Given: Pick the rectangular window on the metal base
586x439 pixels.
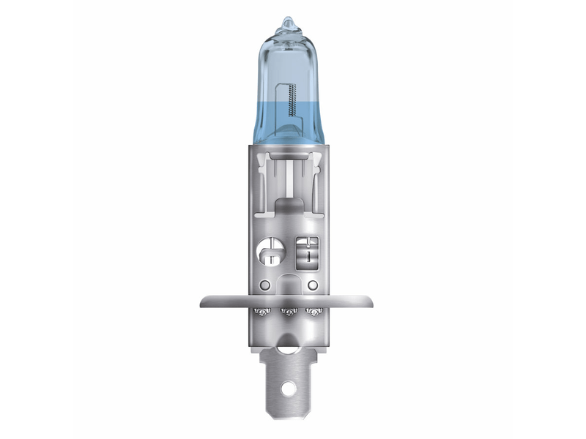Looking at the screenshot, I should [307, 250].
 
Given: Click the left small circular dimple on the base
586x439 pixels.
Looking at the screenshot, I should [265, 285].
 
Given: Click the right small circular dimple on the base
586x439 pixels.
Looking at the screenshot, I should [313, 285].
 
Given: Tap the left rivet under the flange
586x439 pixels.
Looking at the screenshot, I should [259, 312].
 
